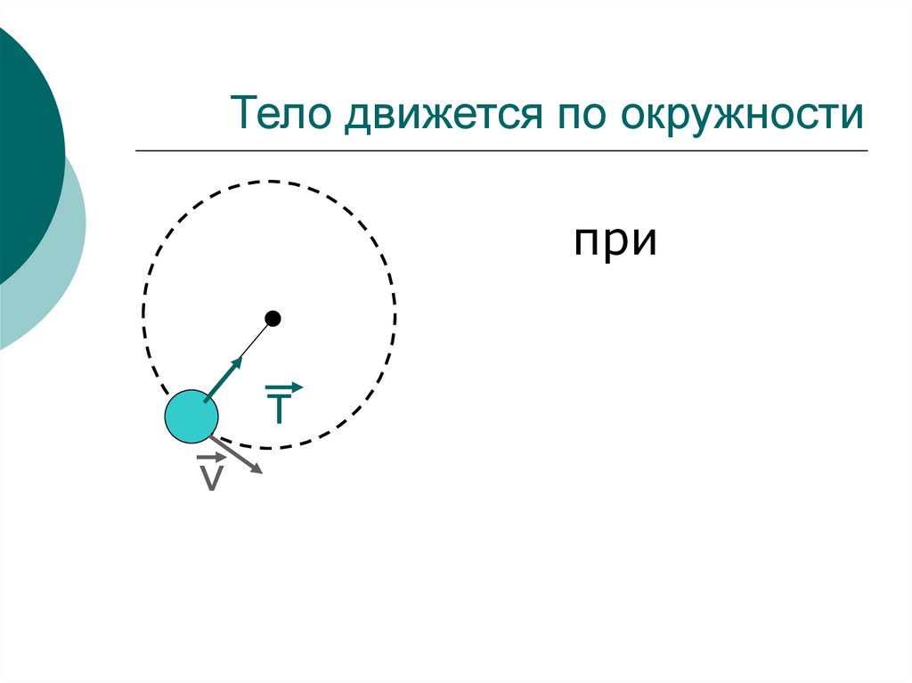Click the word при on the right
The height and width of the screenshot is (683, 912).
(615, 242)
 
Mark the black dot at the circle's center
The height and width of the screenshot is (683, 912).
(273, 318)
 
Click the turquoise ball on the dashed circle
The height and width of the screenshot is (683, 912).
(191, 416)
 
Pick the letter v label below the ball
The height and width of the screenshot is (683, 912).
(211, 477)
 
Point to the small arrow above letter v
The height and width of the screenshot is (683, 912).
(212, 458)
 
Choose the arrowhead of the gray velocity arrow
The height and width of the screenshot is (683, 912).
(257, 468)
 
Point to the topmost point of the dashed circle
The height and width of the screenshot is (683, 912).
(269, 182)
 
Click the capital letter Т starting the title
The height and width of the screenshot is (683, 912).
(244, 116)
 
